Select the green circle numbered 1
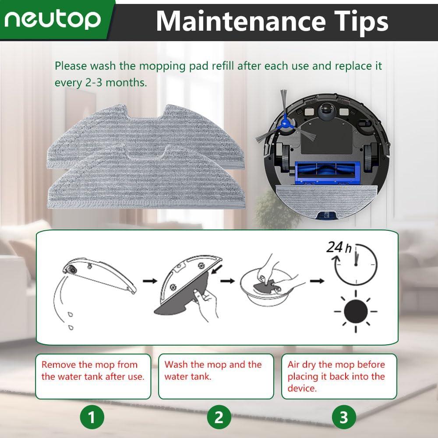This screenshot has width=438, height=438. click(92, 417)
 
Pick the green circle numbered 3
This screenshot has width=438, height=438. click(343, 417)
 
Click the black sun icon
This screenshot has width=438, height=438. click(355, 311)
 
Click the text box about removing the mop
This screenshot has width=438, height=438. click(93, 376)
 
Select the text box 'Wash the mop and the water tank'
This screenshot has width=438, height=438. click(216, 376)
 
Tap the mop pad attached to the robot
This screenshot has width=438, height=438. click(325, 196)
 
